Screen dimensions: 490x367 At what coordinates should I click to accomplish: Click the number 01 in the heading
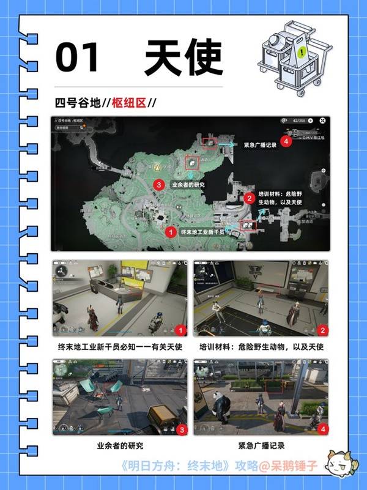(x=77, y=59)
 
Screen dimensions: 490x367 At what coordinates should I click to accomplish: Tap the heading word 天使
(x=183, y=59)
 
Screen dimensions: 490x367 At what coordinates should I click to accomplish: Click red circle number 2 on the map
(x=249, y=198)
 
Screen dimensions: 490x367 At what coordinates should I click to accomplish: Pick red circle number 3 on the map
(x=158, y=184)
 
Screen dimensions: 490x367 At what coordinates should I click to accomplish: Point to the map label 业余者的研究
(x=188, y=184)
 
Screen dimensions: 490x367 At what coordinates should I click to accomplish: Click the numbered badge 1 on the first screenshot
(x=180, y=330)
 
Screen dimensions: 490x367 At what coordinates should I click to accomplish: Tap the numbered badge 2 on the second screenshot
(x=322, y=330)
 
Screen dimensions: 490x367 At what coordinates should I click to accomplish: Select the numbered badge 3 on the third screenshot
(x=180, y=430)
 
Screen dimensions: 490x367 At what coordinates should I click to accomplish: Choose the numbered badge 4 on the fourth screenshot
(x=322, y=430)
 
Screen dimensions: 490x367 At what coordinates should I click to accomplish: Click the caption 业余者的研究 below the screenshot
(x=120, y=446)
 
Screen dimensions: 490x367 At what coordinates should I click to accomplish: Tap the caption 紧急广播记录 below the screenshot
(x=262, y=446)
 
